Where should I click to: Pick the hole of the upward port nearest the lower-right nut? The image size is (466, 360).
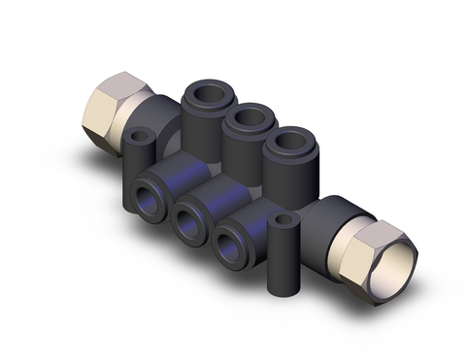(x=289, y=143)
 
